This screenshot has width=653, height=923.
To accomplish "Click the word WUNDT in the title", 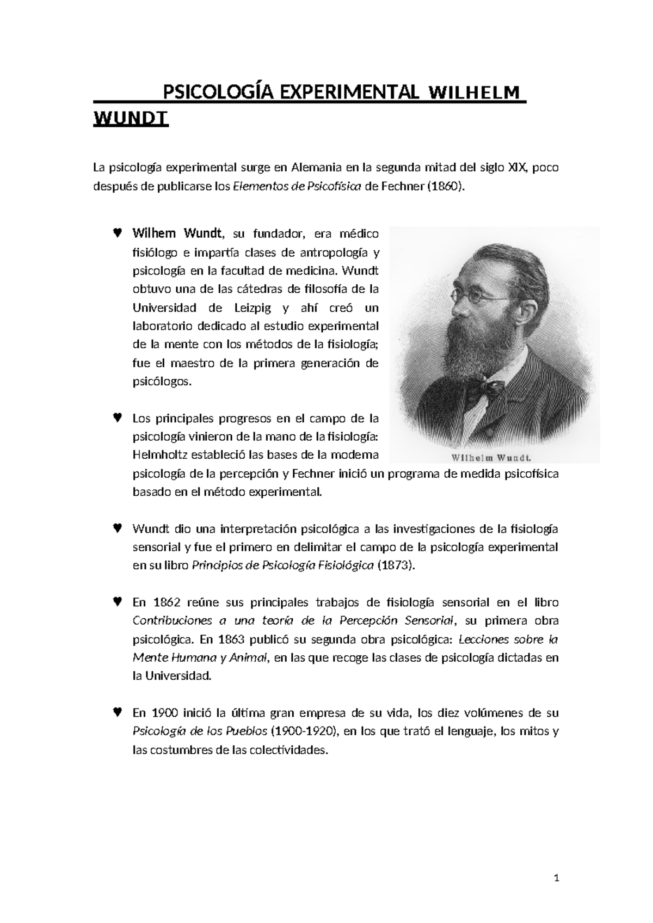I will point(131,119).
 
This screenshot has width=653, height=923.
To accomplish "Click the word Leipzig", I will point(257,308).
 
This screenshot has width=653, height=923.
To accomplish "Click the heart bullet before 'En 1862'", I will point(117,602).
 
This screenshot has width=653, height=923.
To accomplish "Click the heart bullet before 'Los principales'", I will point(117,418).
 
